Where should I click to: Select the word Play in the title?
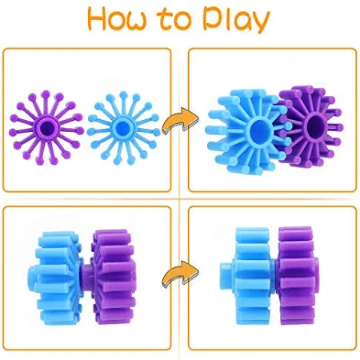tap(236, 20)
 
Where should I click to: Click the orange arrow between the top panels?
tap(180, 121)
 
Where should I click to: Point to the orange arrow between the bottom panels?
tap(180, 274)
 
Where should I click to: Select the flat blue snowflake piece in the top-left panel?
tap(123, 129)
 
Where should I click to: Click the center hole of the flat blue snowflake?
tap(123, 128)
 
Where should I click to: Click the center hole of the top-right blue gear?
tap(258, 130)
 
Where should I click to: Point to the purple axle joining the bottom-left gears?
tap(86, 277)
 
